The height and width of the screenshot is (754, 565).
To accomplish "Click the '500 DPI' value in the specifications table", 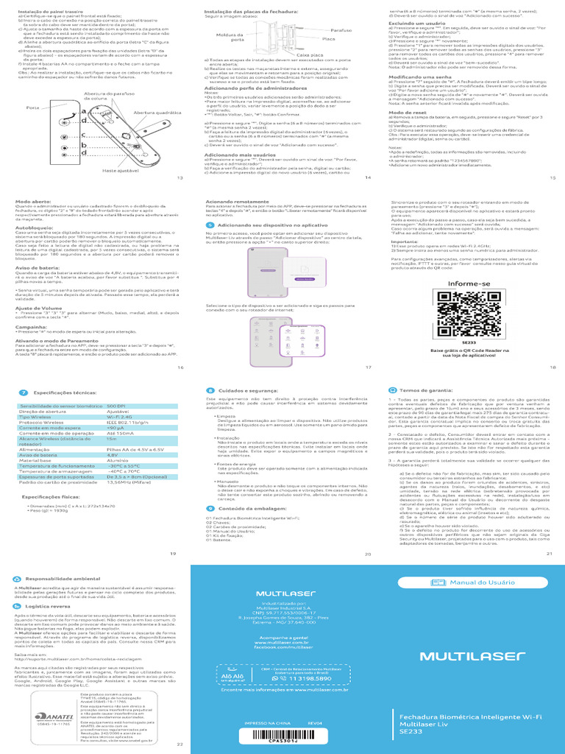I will coord(116,406).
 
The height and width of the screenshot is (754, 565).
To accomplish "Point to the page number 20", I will coord(368,553).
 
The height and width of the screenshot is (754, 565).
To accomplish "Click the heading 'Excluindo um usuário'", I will coord(413,23).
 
